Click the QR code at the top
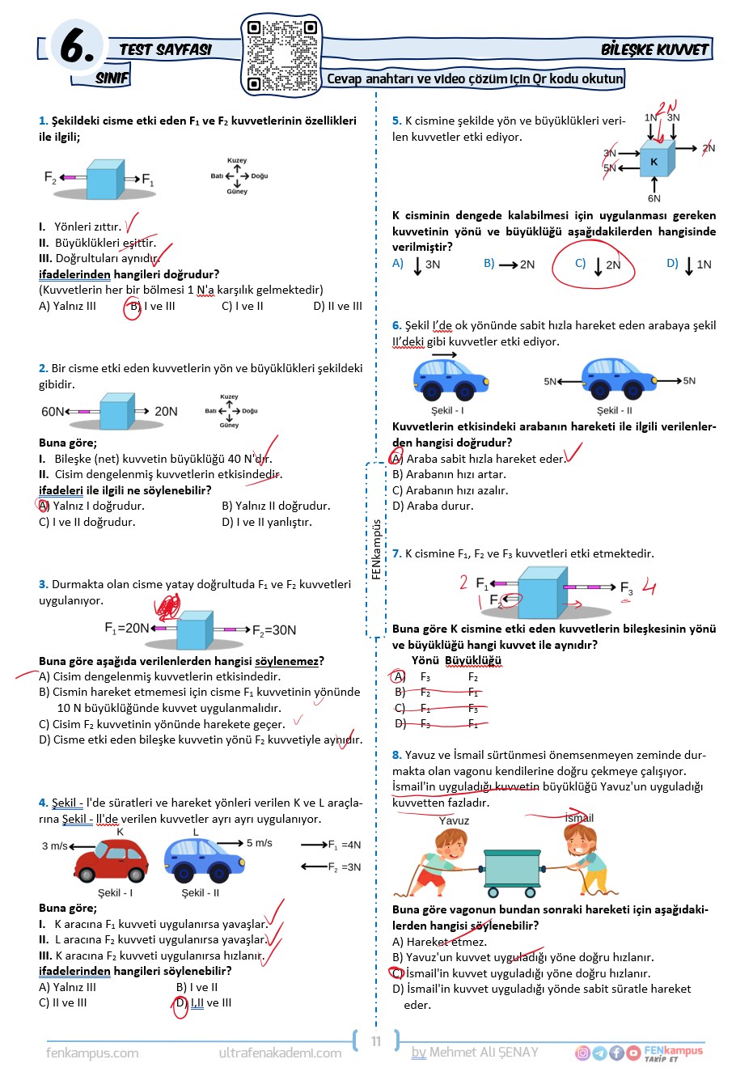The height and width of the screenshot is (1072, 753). [x=281, y=55]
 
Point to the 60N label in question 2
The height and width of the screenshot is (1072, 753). [x=53, y=412]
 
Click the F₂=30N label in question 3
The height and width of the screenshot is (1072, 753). [x=274, y=630]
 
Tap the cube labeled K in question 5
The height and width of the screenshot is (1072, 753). [x=654, y=162]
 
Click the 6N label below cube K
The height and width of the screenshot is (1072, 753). [x=654, y=198]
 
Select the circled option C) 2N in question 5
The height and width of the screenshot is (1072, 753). [x=599, y=265]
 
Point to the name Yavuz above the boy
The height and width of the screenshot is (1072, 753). [x=454, y=820]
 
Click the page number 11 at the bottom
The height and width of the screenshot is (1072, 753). [x=376, y=1041]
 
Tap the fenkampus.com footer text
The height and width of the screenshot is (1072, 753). [x=92, y=1053]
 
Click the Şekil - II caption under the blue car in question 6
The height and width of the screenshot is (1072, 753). [x=615, y=410]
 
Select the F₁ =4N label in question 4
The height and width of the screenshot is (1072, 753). [x=344, y=845]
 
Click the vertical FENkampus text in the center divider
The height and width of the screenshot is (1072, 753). [x=376, y=549]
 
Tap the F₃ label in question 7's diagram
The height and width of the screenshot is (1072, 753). [x=626, y=588]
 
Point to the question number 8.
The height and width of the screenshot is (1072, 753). [x=396, y=755]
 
